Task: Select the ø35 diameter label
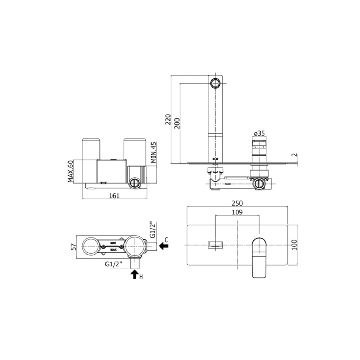tap(259, 134)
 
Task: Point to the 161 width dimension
tap(114, 195)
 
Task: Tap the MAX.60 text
tap(71, 171)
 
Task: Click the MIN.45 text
tap(153, 153)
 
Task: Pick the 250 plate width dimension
tap(237, 203)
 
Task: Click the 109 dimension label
tap(237, 212)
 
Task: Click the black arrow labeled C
tap(163, 246)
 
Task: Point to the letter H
tap(141, 277)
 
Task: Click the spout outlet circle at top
tap(215, 83)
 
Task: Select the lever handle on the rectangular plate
tap(260, 257)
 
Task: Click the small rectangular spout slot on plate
tap(215, 245)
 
